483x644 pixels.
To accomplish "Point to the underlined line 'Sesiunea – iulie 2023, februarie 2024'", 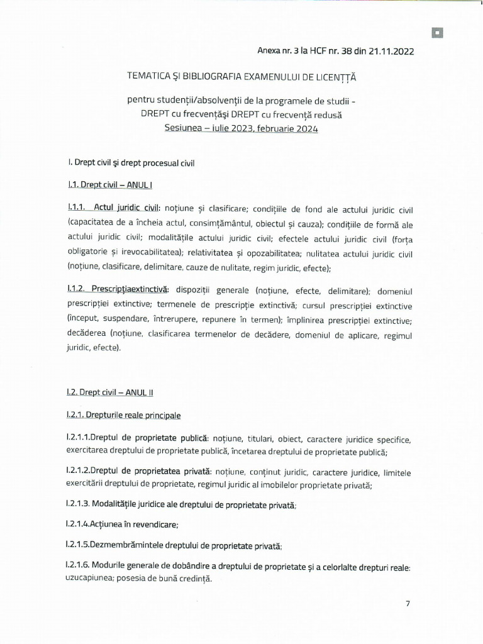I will (x=241, y=128).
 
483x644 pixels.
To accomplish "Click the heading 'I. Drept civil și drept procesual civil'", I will (x=131, y=162).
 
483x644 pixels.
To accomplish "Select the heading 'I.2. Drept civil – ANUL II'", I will (x=110, y=392).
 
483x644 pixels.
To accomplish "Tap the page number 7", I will (x=408, y=604).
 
